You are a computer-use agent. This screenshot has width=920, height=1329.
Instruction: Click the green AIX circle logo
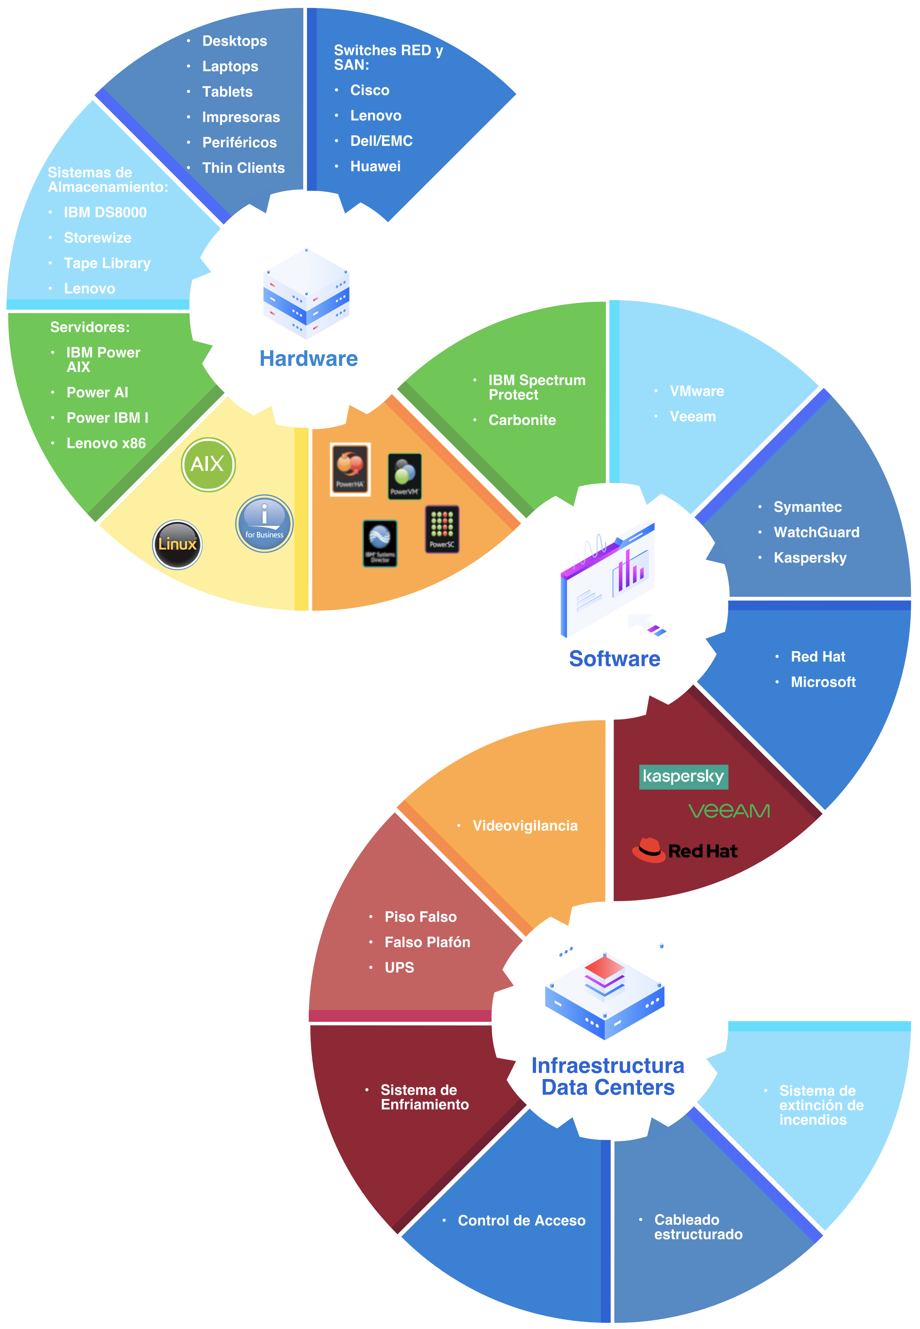point(208,464)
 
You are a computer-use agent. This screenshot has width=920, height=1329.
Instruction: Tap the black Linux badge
point(177,544)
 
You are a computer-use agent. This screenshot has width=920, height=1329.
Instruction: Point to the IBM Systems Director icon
point(380,543)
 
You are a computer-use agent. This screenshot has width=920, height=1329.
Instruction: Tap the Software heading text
point(614,659)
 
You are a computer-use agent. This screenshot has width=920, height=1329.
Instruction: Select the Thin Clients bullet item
point(243,168)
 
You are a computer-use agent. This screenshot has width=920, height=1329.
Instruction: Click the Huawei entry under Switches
point(375,167)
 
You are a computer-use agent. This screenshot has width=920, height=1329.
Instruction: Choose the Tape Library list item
point(107,263)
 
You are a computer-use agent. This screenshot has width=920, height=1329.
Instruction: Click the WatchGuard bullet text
point(816,532)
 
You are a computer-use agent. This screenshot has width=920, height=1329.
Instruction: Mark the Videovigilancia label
point(524,826)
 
